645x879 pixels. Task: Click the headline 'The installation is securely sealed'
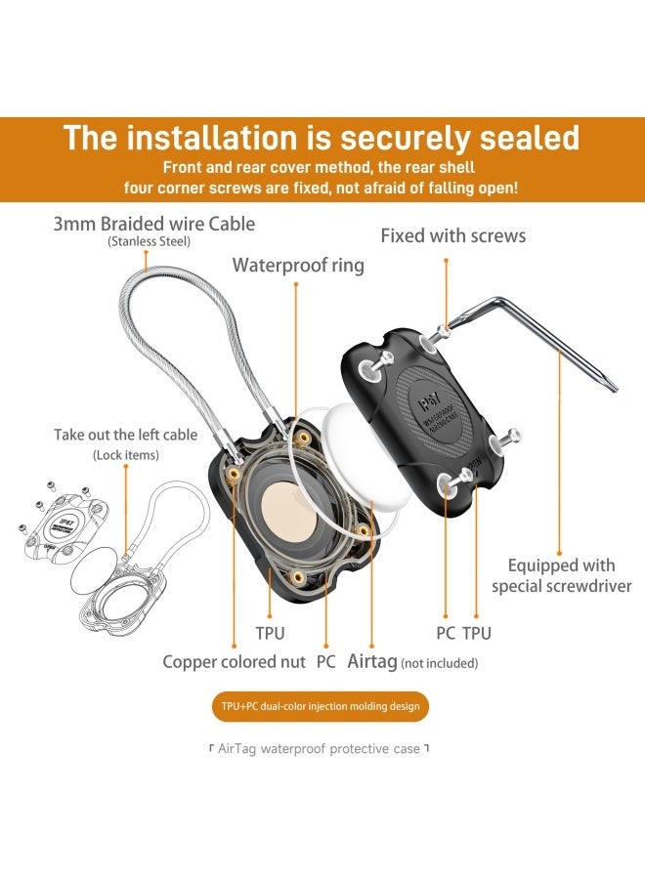(x=322, y=137)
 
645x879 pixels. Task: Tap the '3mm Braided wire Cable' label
(x=153, y=224)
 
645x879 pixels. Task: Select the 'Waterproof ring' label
(x=297, y=265)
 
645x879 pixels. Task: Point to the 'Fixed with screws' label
(x=452, y=235)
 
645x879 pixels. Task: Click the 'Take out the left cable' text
(x=125, y=435)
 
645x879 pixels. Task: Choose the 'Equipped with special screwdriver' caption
(x=561, y=575)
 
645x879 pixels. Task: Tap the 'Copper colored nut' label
(x=234, y=662)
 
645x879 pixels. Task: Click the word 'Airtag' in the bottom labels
(x=372, y=661)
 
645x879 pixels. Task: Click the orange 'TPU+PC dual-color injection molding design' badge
(x=322, y=706)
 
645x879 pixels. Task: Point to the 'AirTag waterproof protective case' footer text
(x=322, y=748)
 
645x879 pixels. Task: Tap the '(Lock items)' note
(x=125, y=455)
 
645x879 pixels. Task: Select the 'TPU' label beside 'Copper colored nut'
(x=270, y=633)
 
